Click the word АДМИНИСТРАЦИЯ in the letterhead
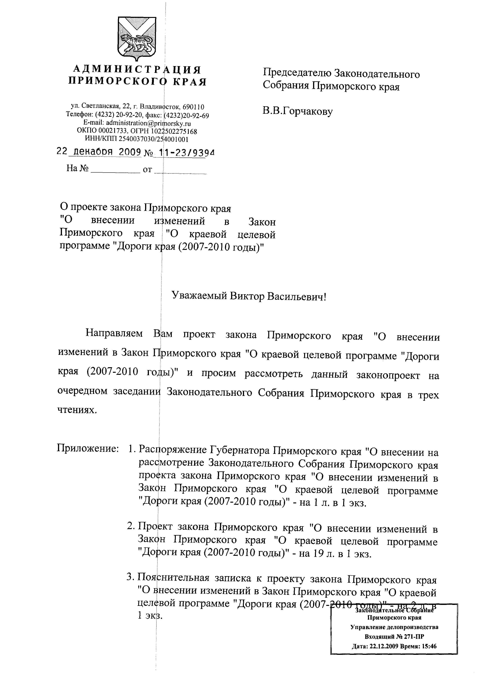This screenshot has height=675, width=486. coord(137,70)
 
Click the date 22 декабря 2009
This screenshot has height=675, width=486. coord(99,152)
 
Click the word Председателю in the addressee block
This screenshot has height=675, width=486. coord(296,74)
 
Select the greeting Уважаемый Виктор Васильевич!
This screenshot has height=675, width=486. coord(249,296)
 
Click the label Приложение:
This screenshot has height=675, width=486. coord(86,448)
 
